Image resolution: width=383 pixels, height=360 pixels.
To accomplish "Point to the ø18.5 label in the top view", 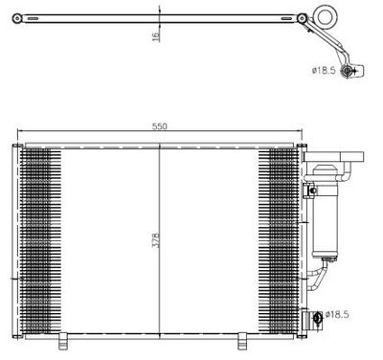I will (327, 70).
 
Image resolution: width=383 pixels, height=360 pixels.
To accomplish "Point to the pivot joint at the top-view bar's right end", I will (302, 17).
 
